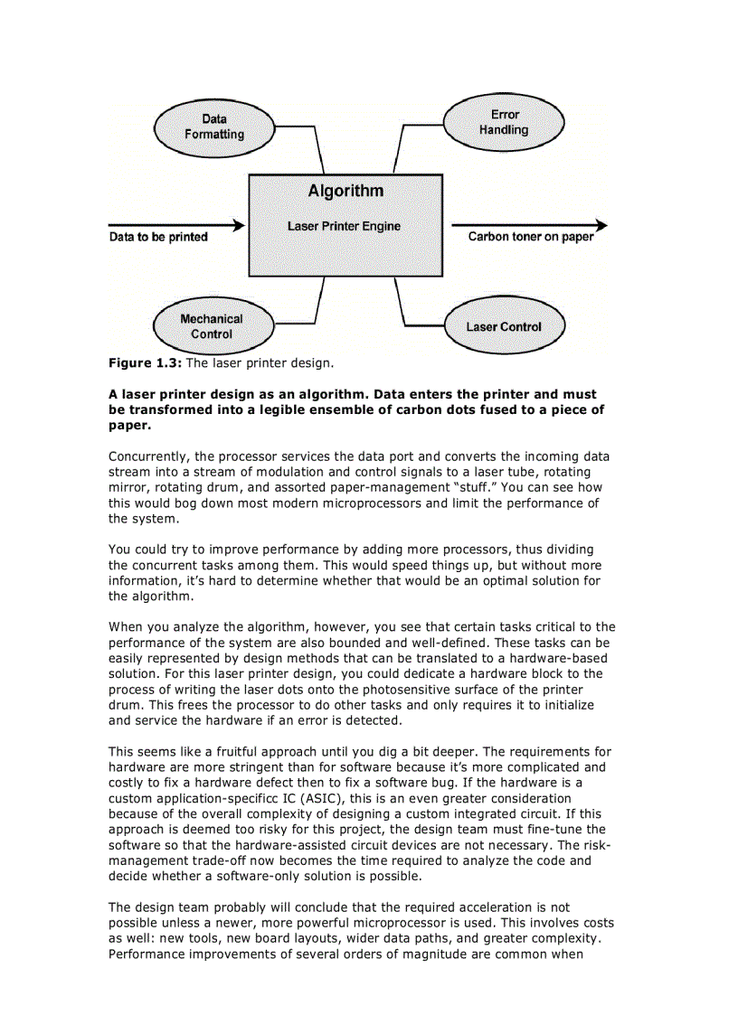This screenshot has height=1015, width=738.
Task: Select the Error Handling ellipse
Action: coord(504,122)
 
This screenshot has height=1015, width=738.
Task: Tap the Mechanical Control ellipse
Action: coord(212,326)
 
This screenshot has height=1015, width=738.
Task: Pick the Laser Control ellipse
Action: coord(504,326)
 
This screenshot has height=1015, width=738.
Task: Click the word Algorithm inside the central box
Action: coord(345,191)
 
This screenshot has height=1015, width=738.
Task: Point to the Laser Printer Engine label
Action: coord(344,226)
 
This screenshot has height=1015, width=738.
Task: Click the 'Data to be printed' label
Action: coord(158,237)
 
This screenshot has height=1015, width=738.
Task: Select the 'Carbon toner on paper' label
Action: coord(531,237)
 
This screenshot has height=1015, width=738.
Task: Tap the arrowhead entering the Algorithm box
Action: coord(239,225)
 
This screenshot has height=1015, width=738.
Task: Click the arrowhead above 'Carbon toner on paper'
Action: coord(601,225)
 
